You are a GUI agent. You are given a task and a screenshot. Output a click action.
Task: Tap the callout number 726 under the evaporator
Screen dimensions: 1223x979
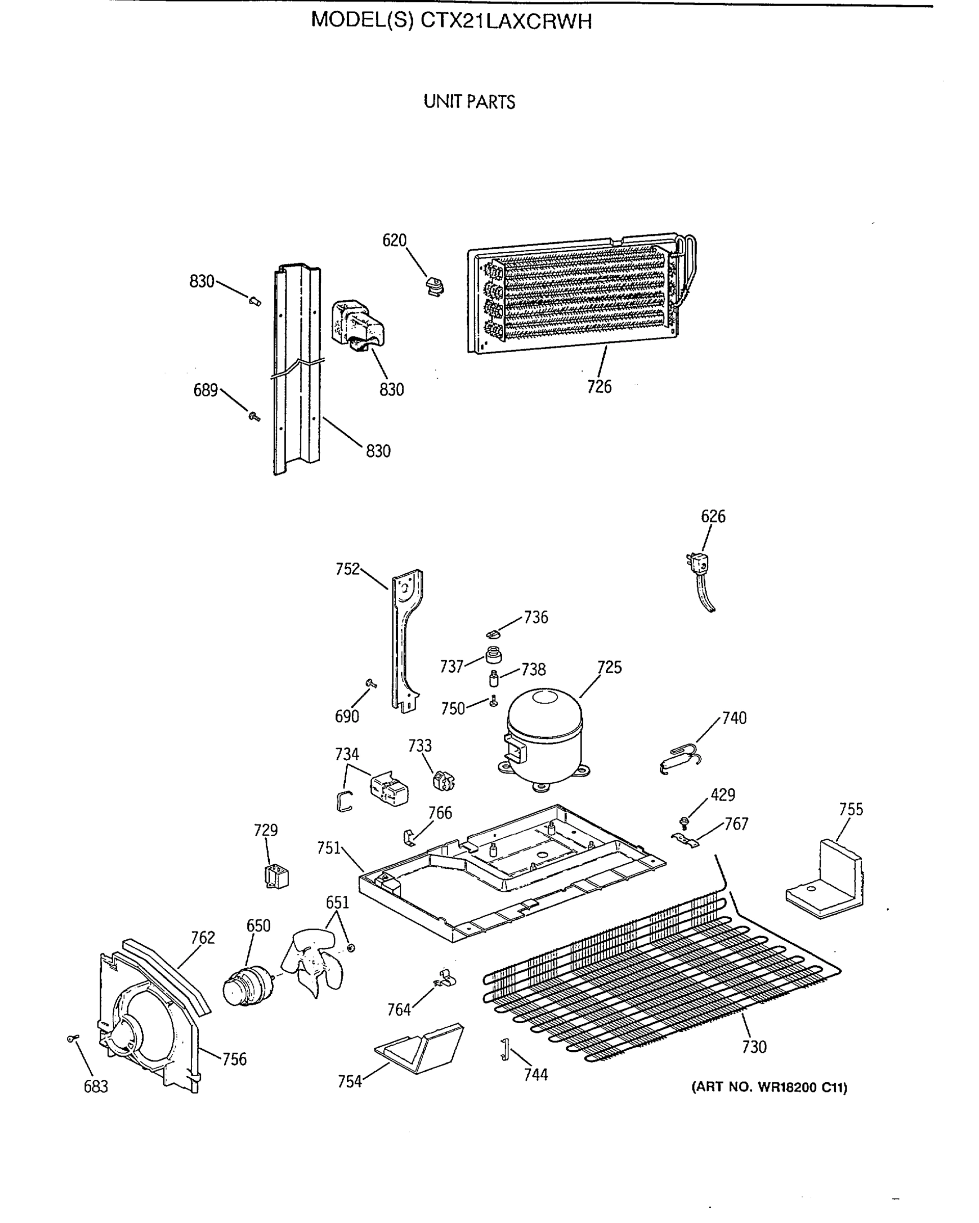coord(599,387)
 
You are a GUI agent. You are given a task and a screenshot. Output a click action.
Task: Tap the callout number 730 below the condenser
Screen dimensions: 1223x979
coord(754,1047)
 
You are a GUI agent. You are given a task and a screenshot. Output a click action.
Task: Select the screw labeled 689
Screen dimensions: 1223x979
coord(254,417)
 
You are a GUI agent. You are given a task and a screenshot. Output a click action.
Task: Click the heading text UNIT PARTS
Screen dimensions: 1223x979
coord(469,102)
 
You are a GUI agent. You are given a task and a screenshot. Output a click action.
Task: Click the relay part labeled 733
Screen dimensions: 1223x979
coord(443,781)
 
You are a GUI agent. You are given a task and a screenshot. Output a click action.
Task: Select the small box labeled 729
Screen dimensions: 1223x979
coord(276,876)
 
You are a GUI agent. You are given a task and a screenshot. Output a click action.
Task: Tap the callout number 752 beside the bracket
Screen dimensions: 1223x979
coord(347,569)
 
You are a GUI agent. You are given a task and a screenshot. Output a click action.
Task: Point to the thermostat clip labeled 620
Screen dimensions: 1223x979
coord(435,286)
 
